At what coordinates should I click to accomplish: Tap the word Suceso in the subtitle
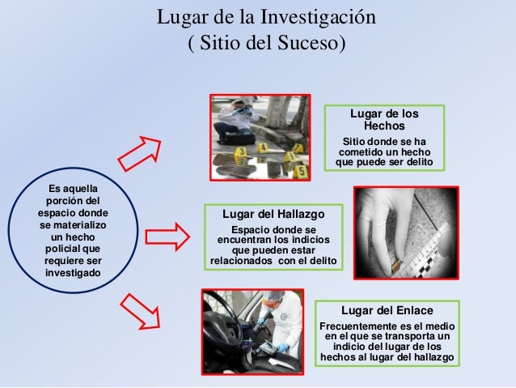click(308, 43)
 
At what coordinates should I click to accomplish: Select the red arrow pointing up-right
click(140, 153)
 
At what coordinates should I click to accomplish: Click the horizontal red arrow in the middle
click(167, 237)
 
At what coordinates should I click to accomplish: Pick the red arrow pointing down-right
click(141, 312)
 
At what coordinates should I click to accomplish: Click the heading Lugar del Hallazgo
click(273, 215)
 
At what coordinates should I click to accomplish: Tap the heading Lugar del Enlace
click(387, 310)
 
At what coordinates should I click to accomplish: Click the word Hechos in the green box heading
click(384, 126)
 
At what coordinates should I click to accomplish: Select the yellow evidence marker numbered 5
click(300, 171)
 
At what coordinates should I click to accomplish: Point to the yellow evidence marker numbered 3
click(241, 152)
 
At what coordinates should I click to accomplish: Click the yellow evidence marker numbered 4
click(263, 147)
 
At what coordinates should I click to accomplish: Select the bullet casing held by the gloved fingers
click(395, 264)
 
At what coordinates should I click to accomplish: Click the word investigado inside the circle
click(73, 273)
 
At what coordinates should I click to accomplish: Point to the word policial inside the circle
click(61, 249)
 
